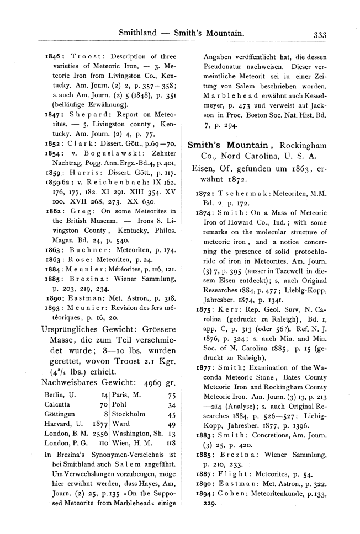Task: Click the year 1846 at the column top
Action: click(x=54, y=56)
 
